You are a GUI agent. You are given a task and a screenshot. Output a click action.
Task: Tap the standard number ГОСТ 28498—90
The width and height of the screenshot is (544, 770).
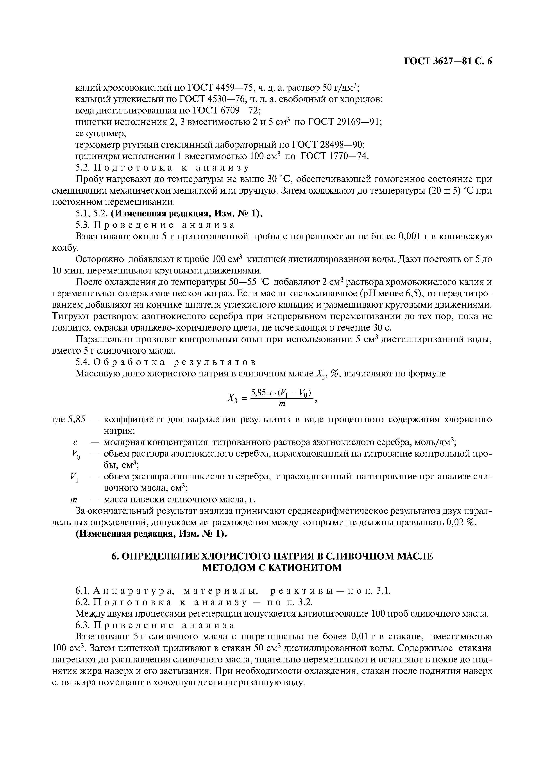(x=328, y=145)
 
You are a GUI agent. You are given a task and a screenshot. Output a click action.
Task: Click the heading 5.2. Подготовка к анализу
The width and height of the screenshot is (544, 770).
(x=162, y=167)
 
